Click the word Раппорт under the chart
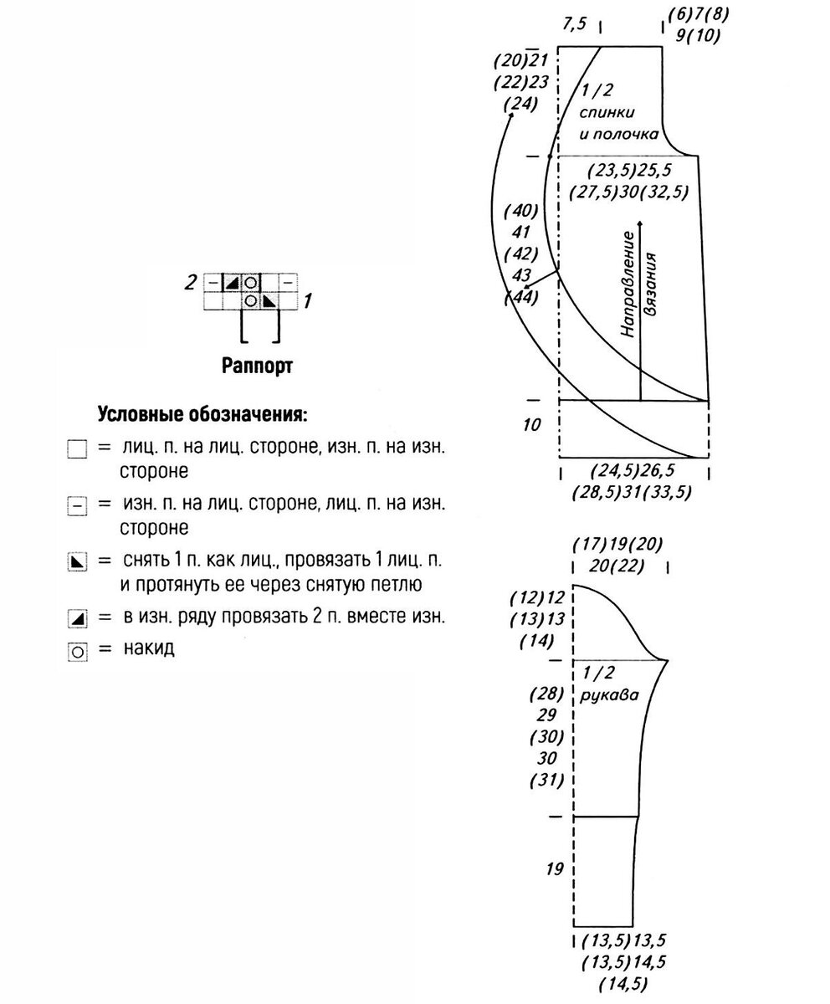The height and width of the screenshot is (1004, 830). pyautogui.click(x=257, y=366)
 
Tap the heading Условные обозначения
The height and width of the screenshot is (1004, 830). pyautogui.click(x=202, y=414)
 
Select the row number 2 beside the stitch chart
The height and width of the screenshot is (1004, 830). pyautogui.click(x=191, y=282)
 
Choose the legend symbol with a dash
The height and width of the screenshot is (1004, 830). pyautogui.click(x=77, y=506)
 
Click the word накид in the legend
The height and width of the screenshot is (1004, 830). pyautogui.click(x=148, y=648)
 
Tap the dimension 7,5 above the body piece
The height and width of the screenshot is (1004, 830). pyautogui.click(x=575, y=24)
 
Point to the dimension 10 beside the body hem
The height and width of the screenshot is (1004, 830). pyautogui.click(x=532, y=425)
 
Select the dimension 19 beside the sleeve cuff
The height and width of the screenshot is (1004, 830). pyautogui.click(x=554, y=868)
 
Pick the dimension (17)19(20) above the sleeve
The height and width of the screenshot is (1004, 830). pyautogui.click(x=617, y=544)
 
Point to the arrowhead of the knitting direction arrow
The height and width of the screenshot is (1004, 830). pyautogui.click(x=640, y=224)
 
